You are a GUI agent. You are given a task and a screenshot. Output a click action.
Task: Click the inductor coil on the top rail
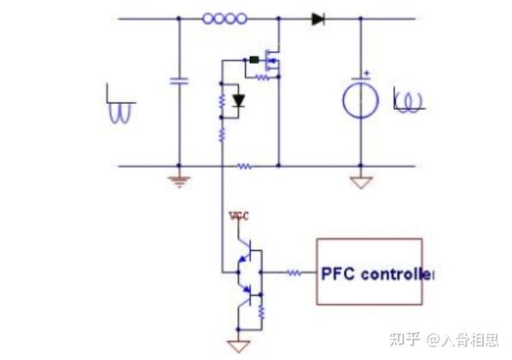coord(224,18)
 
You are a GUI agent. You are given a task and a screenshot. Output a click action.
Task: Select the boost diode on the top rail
coord(319,18)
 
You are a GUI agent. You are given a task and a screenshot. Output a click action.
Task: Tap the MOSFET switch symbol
coord(273,60)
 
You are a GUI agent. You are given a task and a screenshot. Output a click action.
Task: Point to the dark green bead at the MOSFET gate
coord(253,60)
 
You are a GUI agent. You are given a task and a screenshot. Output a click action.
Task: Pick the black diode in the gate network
coord(238,101)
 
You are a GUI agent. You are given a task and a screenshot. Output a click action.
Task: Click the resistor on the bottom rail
coord(245,166)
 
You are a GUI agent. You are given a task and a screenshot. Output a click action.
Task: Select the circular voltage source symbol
coord(359,101)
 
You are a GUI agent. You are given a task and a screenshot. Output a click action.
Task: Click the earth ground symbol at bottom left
coord(178,180)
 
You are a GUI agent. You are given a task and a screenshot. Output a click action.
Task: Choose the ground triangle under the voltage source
coord(360,182)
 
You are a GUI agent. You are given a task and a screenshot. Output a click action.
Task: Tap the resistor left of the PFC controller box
coord(293,274)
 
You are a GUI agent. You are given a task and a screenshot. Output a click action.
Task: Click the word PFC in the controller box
coord(337,274)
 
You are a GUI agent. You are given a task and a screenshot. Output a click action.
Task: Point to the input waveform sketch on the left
coord(119,104)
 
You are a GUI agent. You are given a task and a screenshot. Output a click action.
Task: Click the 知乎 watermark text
coord(403,340)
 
